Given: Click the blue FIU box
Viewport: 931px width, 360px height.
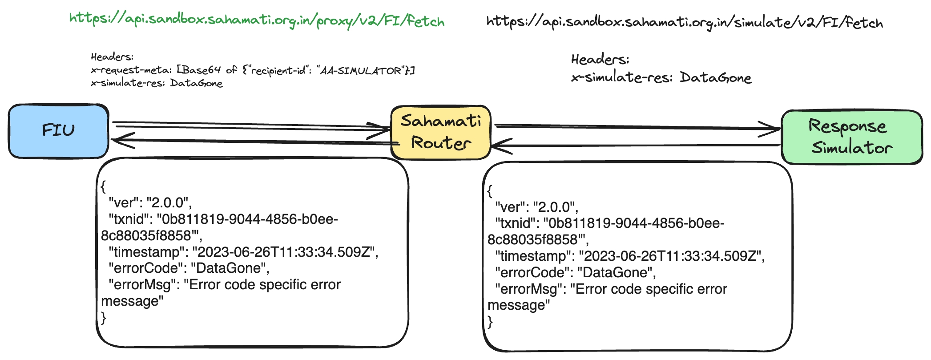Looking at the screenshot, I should [58, 131].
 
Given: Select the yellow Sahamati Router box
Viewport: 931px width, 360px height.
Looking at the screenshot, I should [440, 132].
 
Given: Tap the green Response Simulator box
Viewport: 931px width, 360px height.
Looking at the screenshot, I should [851, 137].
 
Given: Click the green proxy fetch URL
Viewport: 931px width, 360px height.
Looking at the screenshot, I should [257, 20].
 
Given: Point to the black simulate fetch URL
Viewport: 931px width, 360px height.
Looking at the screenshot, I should [684, 22].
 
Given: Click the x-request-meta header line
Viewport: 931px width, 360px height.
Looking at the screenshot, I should [252, 70].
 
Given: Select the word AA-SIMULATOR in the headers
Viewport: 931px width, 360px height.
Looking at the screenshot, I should [361, 71].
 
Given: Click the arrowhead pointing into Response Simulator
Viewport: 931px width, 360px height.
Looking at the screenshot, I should [772, 129].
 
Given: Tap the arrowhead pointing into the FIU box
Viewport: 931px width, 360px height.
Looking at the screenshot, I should [121, 140].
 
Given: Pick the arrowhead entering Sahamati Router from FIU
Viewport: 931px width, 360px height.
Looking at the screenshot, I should [381, 129].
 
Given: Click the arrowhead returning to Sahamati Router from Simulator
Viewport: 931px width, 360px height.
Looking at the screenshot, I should [500, 146].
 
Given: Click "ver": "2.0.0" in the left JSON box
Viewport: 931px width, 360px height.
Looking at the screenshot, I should [150, 203].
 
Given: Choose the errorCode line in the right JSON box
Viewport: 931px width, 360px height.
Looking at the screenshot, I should [576, 272].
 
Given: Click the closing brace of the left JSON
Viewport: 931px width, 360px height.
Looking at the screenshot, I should [104, 318].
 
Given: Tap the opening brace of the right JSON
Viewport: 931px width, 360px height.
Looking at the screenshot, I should [490, 191].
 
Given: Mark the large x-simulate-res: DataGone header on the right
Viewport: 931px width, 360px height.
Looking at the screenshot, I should [661, 78].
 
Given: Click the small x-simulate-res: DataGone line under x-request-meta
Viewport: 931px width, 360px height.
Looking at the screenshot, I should [157, 83].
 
